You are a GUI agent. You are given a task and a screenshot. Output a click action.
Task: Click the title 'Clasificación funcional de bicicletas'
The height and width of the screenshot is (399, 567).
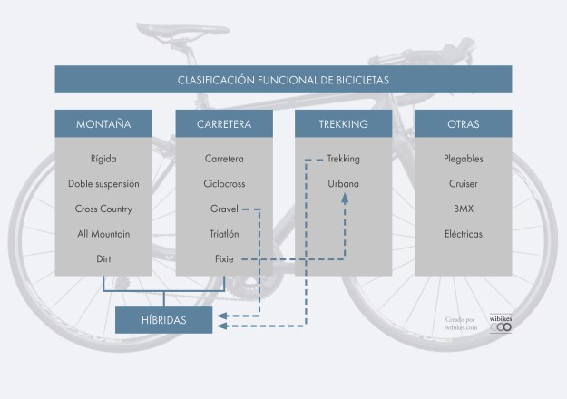pos(283,80)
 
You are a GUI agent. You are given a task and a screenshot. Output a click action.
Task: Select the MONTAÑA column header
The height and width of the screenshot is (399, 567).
pos(103,123)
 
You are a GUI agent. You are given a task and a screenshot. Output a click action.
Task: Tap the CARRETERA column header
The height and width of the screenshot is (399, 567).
pos(224,123)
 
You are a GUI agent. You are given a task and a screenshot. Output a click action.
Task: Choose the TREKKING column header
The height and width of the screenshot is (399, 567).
pos(344,123)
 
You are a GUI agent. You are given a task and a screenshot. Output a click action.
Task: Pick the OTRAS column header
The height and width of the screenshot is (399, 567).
pos(463,123)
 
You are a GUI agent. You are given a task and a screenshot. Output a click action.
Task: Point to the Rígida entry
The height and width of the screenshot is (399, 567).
pos(103,159)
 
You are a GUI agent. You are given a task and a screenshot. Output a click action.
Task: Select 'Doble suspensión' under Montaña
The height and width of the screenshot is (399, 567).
pos(103,184)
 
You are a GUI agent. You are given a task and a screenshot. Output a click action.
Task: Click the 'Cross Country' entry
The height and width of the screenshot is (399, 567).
pos(103,209)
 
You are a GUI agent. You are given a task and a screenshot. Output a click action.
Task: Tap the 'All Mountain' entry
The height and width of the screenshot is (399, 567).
pos(103,234)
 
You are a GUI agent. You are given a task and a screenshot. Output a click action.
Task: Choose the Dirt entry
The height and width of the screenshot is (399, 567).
pos(103,259)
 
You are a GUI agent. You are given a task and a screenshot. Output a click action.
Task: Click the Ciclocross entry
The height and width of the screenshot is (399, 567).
pos(224,184)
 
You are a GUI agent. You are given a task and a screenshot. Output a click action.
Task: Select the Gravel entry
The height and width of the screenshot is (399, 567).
pos(223,209)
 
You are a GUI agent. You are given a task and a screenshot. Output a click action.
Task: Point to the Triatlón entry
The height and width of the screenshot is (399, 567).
pos(224,234)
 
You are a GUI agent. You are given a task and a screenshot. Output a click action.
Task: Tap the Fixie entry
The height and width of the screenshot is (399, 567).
pos(224,259)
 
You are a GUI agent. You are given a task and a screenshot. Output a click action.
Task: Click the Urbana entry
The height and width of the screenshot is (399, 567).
pos(344,184)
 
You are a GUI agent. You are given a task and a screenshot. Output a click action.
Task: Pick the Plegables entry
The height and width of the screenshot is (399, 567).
pos(463,159)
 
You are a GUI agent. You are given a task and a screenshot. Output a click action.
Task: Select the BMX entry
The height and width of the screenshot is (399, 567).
pos(463,209)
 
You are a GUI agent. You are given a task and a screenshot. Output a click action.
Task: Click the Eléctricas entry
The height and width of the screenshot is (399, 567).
pos(463,234)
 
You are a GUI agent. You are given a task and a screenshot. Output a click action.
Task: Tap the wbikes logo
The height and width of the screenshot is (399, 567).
pos(501,323)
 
